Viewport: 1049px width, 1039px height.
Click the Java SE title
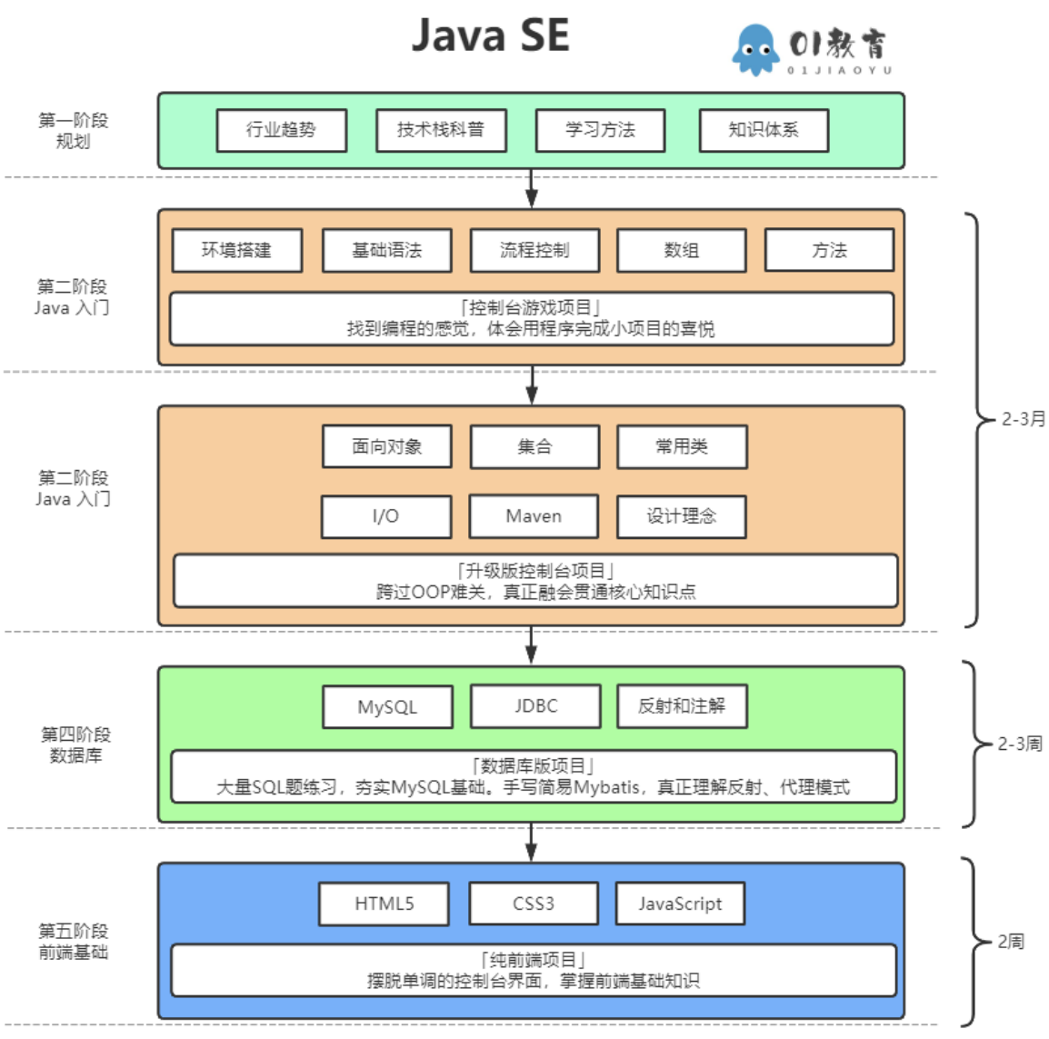pyautogui.click(x=490, y=35)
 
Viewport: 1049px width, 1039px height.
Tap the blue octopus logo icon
pyautogui.click(x=754, y=50)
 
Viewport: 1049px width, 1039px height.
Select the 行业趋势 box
pyautogui.click(x=281, y=130)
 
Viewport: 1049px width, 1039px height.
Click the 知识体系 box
pyautogui.click(x=763, y=130)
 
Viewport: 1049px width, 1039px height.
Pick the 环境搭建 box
pyautogui.click(x=236, y=250)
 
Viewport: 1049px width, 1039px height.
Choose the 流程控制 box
pyautogui.click(x=534, y=250)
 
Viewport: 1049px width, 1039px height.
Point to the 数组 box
pyautogui.click(x=681, y=250)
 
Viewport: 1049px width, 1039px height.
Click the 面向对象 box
pyautogui.click(x=386, y=446)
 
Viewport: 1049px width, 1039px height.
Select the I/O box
pyautogui.click(x=385, y=516)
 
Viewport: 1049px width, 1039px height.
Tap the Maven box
pyautogui.click(x=534, y=516)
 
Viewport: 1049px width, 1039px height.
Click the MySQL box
pyautogui.click(x=387, y=707)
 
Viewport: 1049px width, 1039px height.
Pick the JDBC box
pyautogui.click(x=535, y=706)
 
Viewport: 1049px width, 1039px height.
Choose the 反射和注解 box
pyautogui.click(x=682, y=706)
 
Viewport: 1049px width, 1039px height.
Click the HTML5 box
pyautogui.click(x=384, y=904)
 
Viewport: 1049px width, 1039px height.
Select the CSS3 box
pyautogui.click(x=533, y=904)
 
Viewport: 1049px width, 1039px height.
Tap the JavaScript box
pyautogui.click(x=680, y=904)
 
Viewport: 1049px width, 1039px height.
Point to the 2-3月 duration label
pyautogui.click(x=1024, y=419)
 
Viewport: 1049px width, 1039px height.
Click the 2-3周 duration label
pyautogui.click(x=1020, y=744)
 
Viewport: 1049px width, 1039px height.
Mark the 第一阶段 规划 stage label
pyautogui.click(x=73, y=130)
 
